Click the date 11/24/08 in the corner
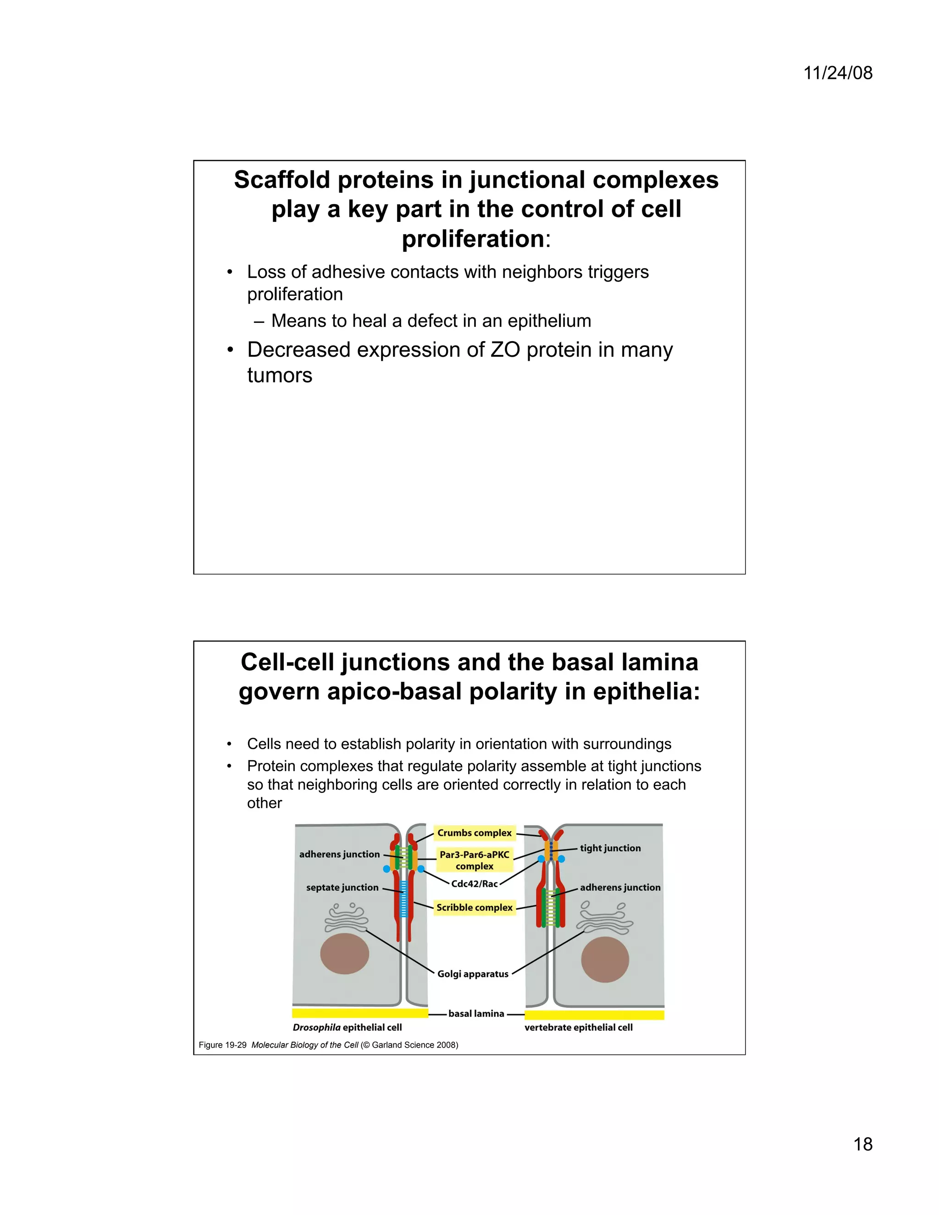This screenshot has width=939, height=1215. click(x=838, y=73)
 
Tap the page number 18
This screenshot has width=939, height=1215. click(x=863, y=1144)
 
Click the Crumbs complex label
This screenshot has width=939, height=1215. click(x=474, y=833)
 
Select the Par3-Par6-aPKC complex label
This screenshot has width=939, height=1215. click(x=474, y=860)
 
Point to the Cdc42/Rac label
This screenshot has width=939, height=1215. click(x=474, y=884)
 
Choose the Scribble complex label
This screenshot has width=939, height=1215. click(x=474, y=907)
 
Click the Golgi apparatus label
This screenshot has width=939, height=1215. click(x=473, y=973)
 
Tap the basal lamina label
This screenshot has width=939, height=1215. click(x=476, y=1014)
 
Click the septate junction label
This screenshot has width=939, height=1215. click(x=342, y=887)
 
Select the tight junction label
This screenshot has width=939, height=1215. click(x=610, y=848)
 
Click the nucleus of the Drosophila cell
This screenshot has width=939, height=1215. click(x=344, y=954)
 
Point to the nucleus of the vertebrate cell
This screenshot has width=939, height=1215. click(x=605, y=959)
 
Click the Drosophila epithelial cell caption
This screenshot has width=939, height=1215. click(x=347, y=1027)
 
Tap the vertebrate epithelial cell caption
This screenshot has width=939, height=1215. click(x=579, y=1027)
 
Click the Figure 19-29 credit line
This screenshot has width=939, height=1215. click(x=328, y=1045)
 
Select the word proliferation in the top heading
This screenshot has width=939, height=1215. click(x=473, y=239)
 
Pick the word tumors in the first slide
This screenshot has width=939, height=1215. click(x=280, y=376)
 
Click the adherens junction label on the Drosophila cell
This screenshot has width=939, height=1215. click(x=339, y=854)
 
